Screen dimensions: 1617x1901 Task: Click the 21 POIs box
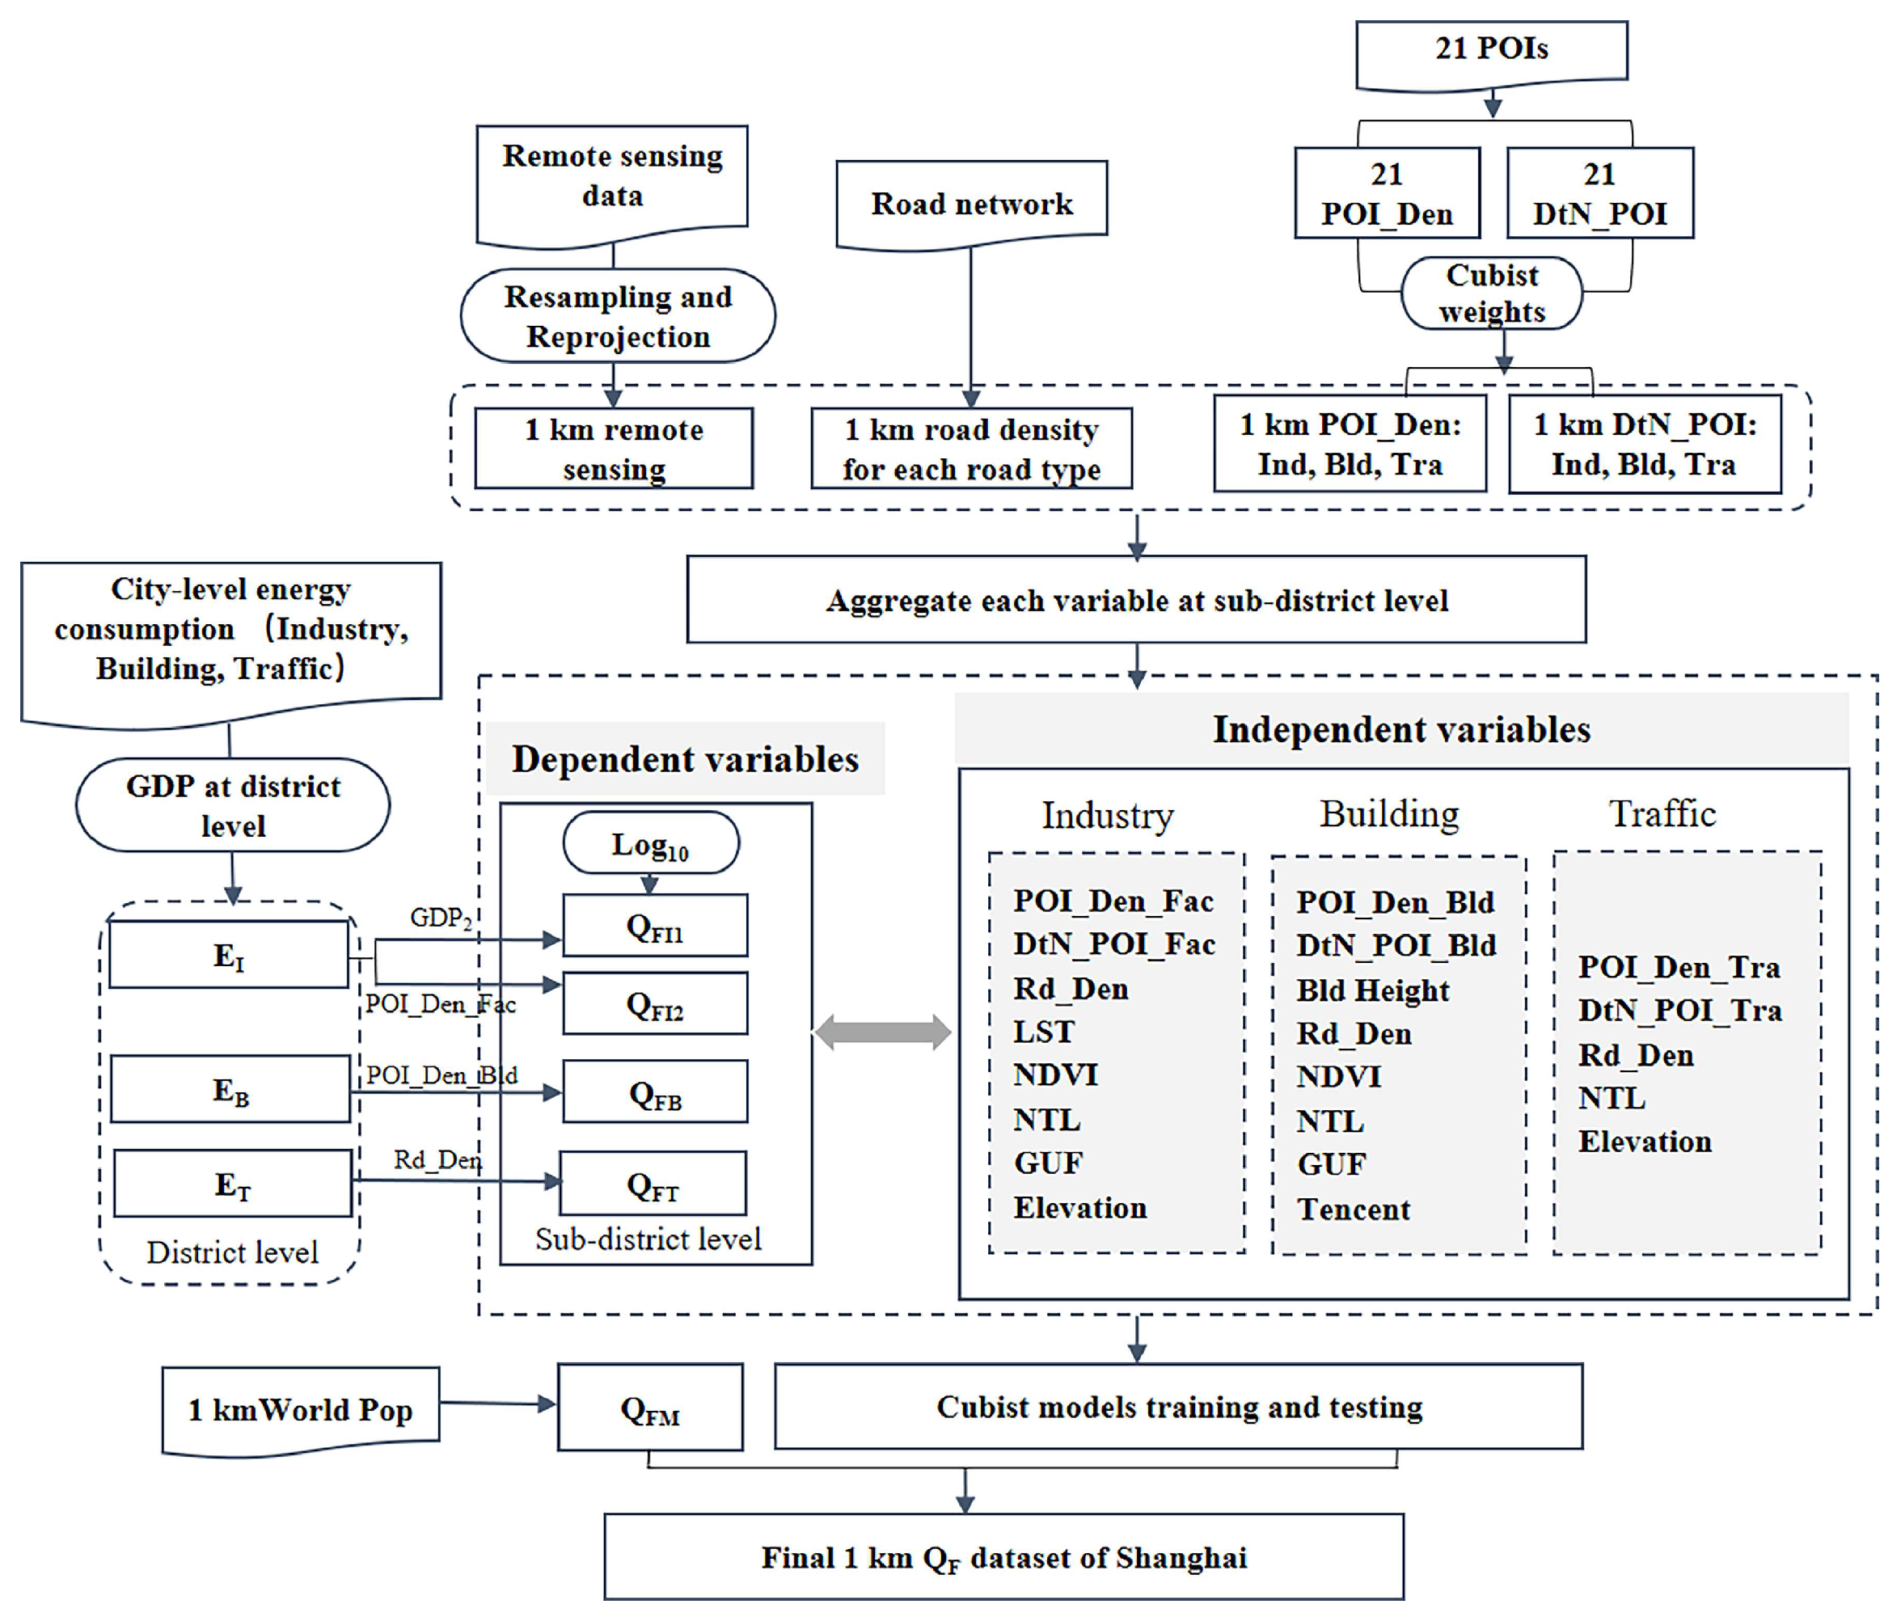1490,50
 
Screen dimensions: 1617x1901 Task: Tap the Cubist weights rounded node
1491,293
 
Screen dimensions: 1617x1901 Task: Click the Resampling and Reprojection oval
617,316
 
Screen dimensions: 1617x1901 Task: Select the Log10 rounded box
650,843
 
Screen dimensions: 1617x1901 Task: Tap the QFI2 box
654,1005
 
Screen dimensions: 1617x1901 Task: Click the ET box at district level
233,1184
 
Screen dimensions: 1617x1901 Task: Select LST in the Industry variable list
1043,1032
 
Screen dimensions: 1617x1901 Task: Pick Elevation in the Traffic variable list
1645,1142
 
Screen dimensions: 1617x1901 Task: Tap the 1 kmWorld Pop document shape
301,1410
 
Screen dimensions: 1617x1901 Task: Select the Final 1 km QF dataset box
1003,1557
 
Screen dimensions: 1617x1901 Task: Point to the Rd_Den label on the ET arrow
437,1160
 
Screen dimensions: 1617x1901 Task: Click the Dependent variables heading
685,760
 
